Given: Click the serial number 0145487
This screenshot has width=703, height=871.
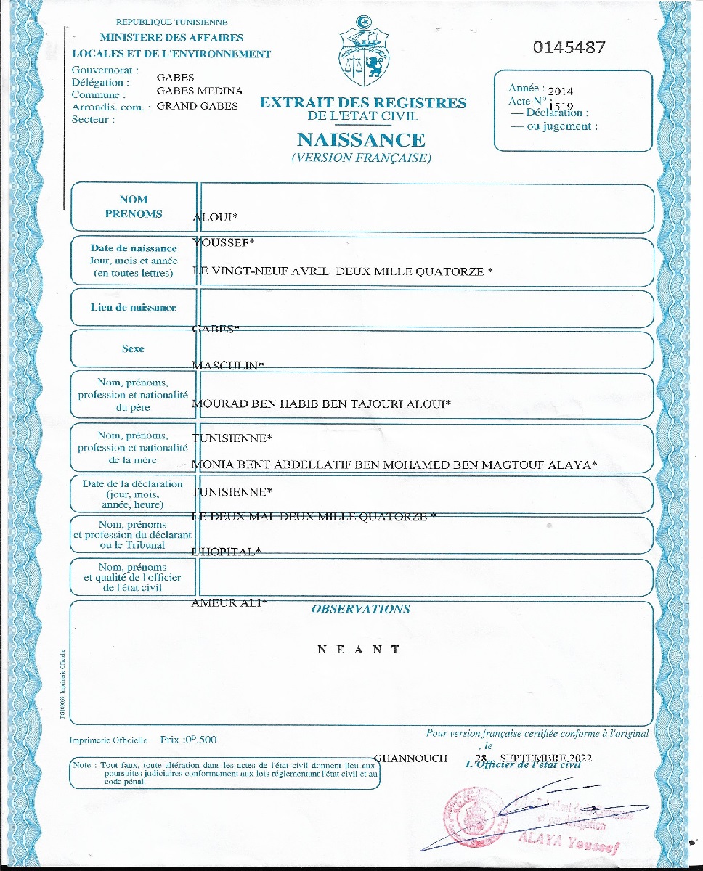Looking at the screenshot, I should (x=569, y=48).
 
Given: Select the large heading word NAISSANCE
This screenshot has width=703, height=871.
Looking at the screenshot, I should (x=361, y=139).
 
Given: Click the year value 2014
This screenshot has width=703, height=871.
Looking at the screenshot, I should (x=560, y=91).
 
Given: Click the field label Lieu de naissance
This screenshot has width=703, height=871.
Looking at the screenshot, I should (x=134, y=308).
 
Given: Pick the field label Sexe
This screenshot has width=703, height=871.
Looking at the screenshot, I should (x=133, y=349).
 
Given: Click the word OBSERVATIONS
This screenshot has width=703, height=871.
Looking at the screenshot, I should (x=360, y=609).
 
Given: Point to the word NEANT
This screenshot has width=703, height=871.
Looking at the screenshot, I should (x=359, y=650).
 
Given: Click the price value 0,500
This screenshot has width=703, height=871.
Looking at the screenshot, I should (x=200, y=740).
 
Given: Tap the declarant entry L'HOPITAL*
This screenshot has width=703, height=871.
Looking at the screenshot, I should (x=226, y=552).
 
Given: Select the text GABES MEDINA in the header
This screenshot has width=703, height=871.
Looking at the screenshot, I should (x=200, y=91).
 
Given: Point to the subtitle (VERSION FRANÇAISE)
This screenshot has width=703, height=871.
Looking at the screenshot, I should (x=361, y=158).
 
